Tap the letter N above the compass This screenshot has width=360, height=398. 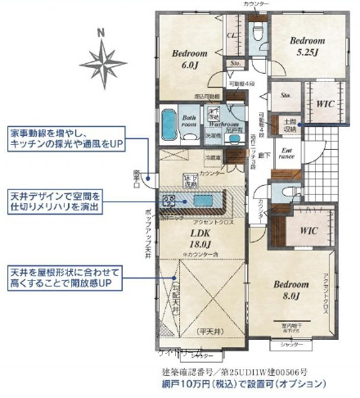click(101, 33)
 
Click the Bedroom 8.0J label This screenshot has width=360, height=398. click(291, 290)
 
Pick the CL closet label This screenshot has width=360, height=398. click(232, 36)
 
